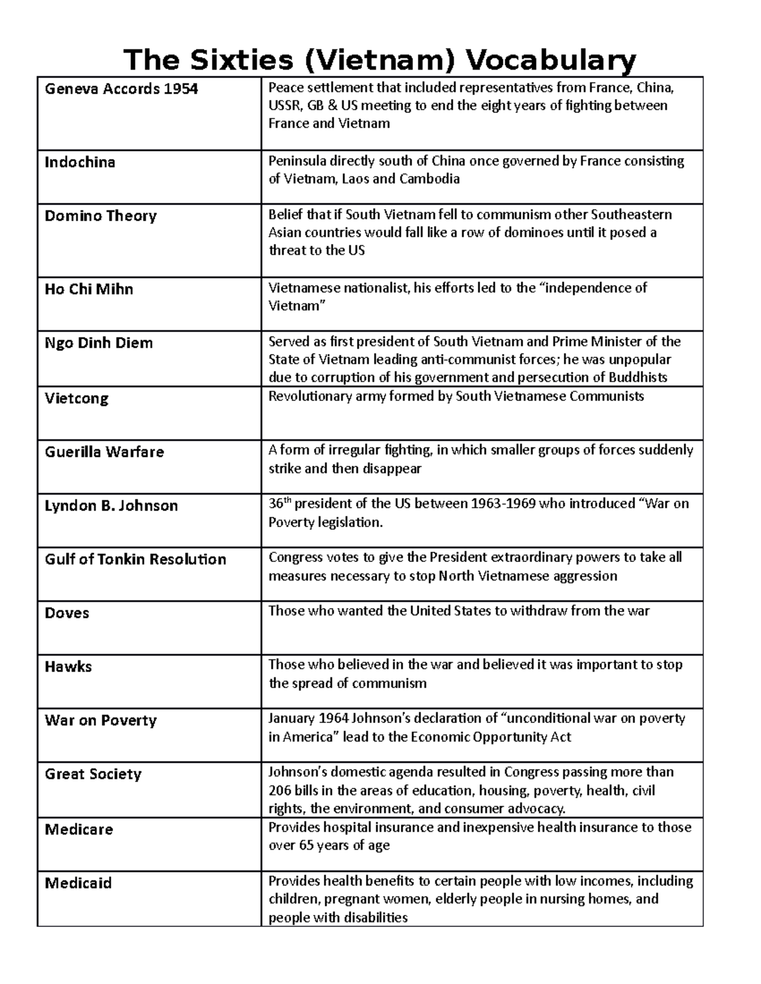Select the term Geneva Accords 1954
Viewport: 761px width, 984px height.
121,89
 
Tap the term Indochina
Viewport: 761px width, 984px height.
80,162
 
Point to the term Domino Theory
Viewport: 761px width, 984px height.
100,216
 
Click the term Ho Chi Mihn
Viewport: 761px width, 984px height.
89,290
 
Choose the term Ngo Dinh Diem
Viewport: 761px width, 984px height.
98,343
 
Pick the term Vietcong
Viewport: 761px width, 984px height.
76,399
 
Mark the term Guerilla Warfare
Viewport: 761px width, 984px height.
104,452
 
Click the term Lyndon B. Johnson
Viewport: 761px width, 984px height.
111,506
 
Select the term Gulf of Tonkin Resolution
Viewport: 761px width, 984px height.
135,559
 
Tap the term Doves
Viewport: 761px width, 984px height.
67,613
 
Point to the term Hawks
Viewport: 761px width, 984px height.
68,667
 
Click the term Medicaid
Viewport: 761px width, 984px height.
78,883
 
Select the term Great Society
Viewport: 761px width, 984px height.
93,774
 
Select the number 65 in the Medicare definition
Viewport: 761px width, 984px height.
306,846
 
